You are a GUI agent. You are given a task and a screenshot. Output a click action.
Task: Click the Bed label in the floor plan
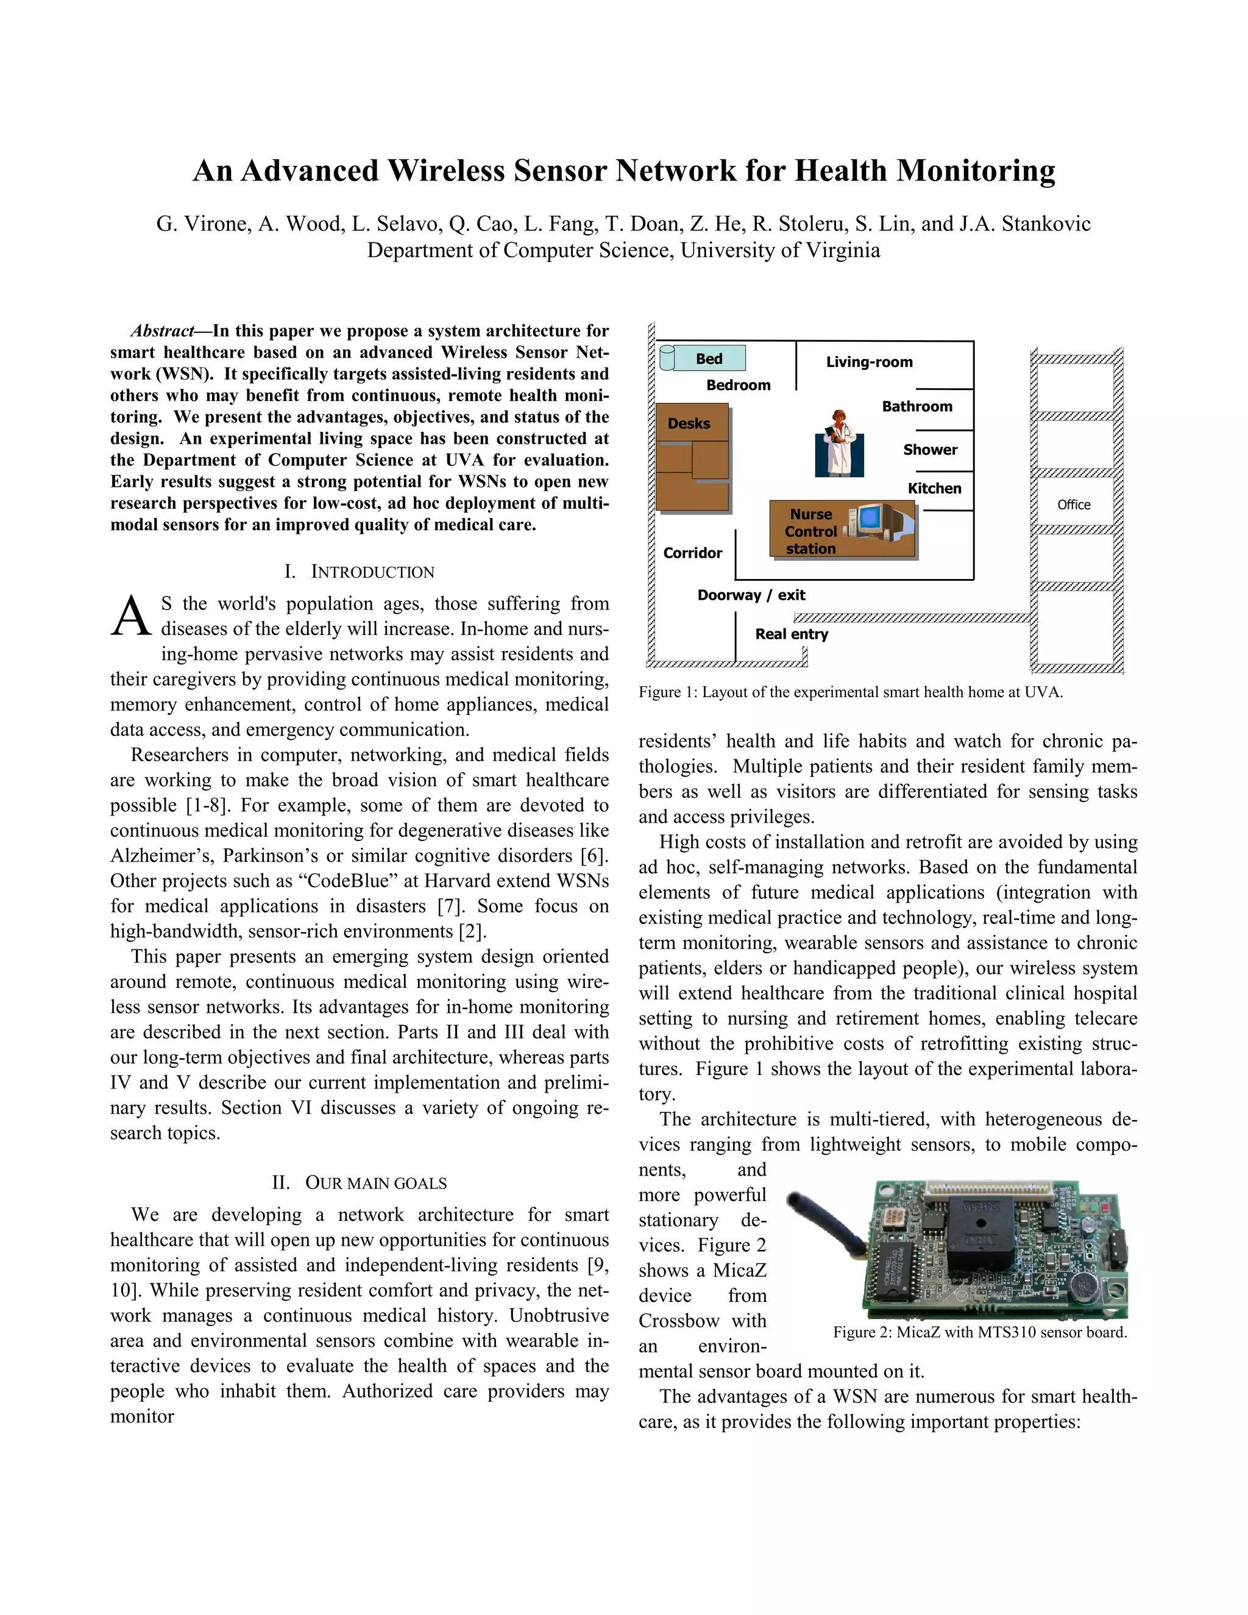[x=708, y=358]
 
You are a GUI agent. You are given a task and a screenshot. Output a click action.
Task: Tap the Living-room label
[x=869, y=361]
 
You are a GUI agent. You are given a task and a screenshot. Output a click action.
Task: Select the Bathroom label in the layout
[x=916, y=406]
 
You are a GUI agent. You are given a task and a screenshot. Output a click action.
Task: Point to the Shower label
[x=929, y=450]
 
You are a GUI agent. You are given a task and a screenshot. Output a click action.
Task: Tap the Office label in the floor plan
[x=1074, y=505]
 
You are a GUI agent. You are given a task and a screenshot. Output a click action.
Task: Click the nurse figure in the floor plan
[x=838, y=443]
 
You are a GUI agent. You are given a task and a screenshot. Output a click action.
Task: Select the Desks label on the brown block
[x=689, y=423]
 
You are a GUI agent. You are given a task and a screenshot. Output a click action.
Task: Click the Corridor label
[x=692, y=552]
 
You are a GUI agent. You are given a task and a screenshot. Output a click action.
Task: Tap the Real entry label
[x=791, y=634]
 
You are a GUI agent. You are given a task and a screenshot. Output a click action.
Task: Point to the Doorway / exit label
[x=750, y=595]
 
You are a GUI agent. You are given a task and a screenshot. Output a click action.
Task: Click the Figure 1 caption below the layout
[x=850, y=692]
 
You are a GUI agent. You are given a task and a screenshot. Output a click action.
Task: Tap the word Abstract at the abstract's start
[x=162, y=330]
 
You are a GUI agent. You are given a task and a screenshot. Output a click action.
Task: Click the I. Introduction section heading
[x=360, y=572]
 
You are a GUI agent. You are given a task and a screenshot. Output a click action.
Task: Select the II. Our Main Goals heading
[x=360, y=1182]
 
